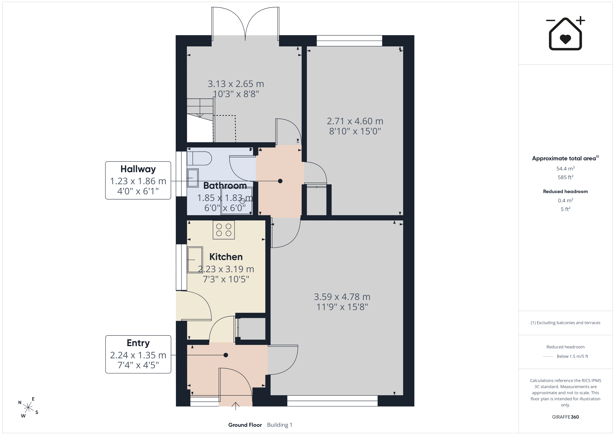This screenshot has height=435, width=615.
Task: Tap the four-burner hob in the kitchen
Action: pos(224,230)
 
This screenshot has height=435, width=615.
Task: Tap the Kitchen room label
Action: pos(226,257)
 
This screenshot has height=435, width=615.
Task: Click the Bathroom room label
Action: pos(225,185)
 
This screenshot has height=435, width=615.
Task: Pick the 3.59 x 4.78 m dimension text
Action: pos(342,297)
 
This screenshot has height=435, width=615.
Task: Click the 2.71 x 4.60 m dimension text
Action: pos(355,121)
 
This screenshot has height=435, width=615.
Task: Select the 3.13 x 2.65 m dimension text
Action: pos(236,84)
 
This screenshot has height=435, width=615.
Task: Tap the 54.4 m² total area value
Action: pos(565,169)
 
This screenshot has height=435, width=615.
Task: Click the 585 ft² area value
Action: pos(565,177)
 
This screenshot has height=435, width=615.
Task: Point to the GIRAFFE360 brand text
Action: pos(565,417)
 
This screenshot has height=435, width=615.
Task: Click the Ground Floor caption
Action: pos(245,425)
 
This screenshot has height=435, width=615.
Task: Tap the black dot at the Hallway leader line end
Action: pos(280,181)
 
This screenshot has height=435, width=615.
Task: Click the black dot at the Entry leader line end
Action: pos(226,355)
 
